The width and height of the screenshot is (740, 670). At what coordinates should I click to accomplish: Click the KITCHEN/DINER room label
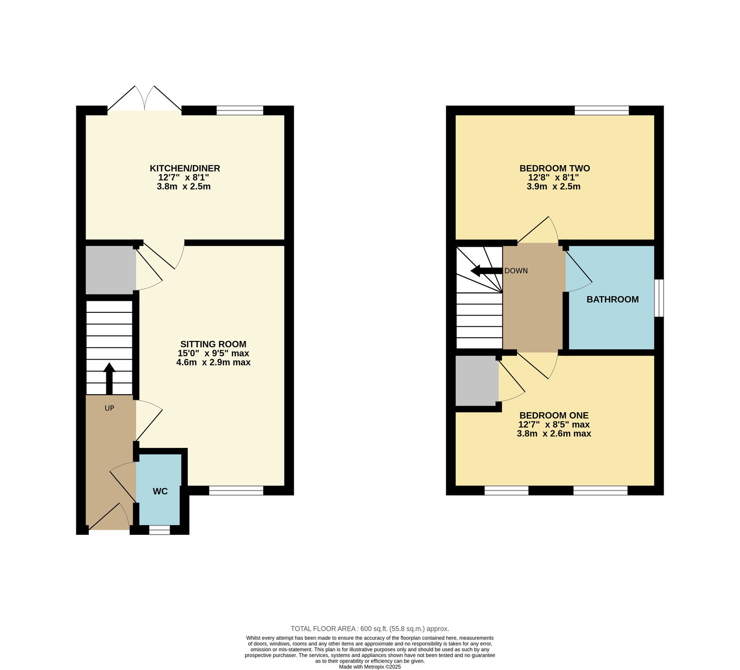click(185, 168)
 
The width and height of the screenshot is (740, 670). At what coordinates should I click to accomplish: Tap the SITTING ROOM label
click(213, 344)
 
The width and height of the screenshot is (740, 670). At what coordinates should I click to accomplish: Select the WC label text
click(160, 491)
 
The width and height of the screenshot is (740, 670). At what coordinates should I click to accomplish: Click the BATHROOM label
click(612, 299)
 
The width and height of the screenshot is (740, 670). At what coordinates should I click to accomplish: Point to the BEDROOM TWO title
click(555, 168)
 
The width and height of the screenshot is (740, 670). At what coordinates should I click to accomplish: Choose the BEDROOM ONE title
click(554, 416)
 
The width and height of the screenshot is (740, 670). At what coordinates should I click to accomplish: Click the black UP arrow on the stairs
click(109, 378)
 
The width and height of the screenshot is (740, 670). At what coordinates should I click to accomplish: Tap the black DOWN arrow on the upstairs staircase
click(486, 271)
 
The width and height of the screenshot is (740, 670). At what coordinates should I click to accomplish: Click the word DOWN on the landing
click(516, 271)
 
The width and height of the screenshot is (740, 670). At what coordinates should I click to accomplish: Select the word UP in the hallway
click(109, 408)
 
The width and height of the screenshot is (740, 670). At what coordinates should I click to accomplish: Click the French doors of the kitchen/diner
click(145, 99)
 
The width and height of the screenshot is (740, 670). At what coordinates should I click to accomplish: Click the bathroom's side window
click(659, 298)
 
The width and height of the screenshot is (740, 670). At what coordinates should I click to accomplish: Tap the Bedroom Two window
click(602, 110)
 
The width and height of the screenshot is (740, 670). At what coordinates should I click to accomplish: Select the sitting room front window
click(236, 490)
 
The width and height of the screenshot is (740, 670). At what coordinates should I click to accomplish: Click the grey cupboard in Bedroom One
click(477, 380)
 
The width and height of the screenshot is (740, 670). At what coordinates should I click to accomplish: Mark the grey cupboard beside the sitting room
click(111, 270)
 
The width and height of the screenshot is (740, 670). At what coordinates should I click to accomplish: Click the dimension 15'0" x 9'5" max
click(213, 354)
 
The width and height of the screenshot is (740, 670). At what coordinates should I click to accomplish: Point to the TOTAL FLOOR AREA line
click(370, 628)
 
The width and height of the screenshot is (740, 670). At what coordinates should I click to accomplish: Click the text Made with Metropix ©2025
click(370, 667)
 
